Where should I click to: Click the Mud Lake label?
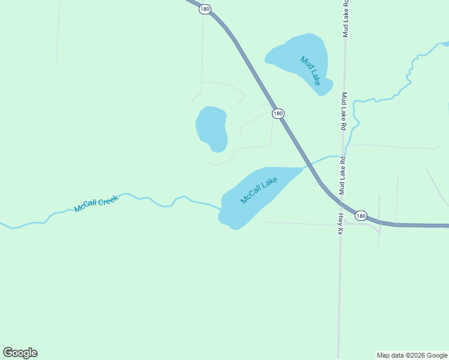click(x=311, y=71)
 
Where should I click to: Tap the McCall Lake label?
click(x=259, y=190)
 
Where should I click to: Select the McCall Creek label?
click(x=96, y=203)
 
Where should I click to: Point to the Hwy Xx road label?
click(x=340, y=223)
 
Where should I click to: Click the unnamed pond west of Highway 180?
click(x=211, y=127)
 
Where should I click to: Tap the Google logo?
click(x=20, y=353)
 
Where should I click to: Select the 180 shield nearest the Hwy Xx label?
click(x=360, y=215)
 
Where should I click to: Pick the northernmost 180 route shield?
click(x=205, y=10)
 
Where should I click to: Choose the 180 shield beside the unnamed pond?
click(x=277, y=113)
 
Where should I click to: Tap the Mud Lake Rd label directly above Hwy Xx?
click(x=342, y=176)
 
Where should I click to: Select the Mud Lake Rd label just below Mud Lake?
click(x=344, y=112)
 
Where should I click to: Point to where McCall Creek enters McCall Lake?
click(x=221, y=208)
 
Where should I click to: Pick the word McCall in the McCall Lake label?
click(x=251, y=194)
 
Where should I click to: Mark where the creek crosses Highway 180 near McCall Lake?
click(x=310, y=163)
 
